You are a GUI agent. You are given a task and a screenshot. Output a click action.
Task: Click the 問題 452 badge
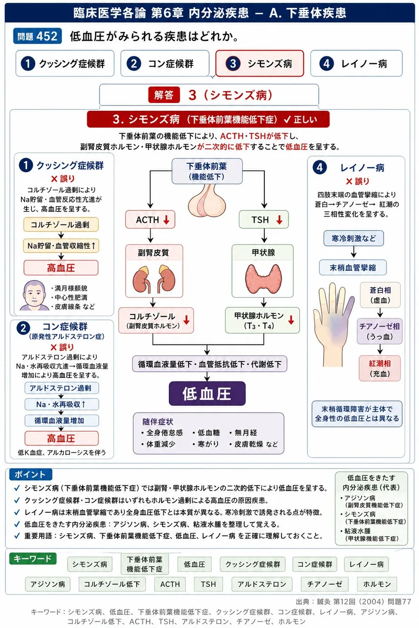point(37,36)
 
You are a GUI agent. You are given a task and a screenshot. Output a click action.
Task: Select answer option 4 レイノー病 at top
point(356,63)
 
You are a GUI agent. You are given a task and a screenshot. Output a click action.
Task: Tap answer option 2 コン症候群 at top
point(165,63)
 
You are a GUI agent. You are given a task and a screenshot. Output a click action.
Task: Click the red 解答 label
point(164,95)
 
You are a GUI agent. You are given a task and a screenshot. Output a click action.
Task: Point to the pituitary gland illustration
point(207,200)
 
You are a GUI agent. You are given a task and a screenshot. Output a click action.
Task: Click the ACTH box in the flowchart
point(150,219)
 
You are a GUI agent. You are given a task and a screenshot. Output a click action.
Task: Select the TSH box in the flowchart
point(263,219)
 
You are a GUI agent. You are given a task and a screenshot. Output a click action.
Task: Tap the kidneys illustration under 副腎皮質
point(154,279)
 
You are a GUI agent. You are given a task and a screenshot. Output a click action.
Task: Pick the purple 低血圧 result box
point(207,393)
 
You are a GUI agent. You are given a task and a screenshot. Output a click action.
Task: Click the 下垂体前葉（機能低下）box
point(207,171)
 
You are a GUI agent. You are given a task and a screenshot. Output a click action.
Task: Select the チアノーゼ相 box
point(380,331)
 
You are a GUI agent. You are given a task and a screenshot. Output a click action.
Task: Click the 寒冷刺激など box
point(354,238)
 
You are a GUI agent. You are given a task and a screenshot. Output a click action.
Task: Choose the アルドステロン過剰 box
point(61,388)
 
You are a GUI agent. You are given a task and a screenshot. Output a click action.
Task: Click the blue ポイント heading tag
point(30,474)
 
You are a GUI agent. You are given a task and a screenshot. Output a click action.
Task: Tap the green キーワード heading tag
point(33,558)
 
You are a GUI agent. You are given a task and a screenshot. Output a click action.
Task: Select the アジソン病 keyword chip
point(48,584)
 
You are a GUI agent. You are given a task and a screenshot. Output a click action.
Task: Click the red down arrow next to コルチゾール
point(186,320)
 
